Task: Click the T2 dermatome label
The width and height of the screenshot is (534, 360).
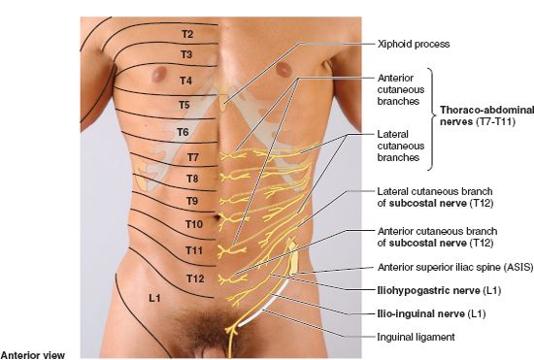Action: click(187, 34)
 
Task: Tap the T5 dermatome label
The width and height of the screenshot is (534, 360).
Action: click(184, 104)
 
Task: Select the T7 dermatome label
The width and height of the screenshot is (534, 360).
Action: click(193, 156)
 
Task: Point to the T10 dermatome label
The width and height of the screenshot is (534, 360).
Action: click(193, 224)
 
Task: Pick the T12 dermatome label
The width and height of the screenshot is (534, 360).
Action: click(195, 279)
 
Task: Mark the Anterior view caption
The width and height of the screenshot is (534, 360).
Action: click(33, 354)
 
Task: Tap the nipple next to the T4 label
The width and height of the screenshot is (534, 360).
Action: click(161, 78)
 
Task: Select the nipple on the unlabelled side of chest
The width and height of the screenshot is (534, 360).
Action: click(285, 68)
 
